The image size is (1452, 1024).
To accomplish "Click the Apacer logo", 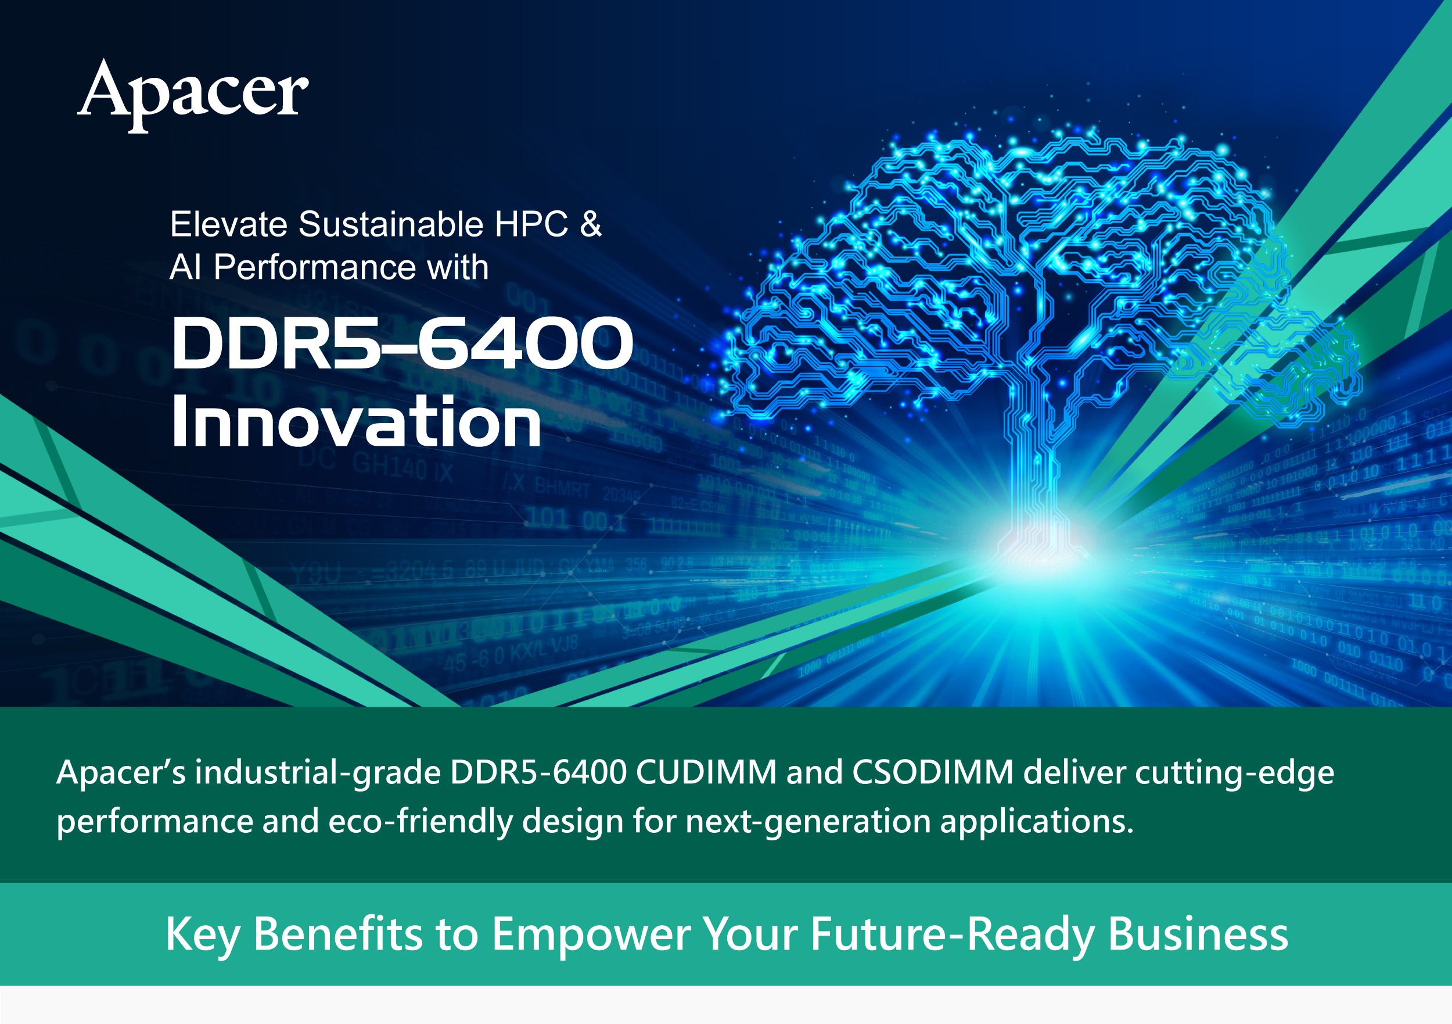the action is click(193, 95).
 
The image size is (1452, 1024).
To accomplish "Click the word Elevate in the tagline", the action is click(229, 224).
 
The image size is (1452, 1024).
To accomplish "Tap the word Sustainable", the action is click(391, 224).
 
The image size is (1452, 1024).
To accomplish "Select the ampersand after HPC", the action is click(591, 224).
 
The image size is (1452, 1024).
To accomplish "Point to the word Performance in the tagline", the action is click(315, 267).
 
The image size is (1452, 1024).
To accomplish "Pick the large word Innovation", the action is click(356, 420).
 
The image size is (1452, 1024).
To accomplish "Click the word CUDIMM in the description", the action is click(706, 772).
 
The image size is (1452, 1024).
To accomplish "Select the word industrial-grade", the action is click(318, 774).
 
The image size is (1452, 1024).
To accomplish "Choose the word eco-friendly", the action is click(420, 822).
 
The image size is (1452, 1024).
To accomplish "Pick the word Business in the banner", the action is click(1198, 934).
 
